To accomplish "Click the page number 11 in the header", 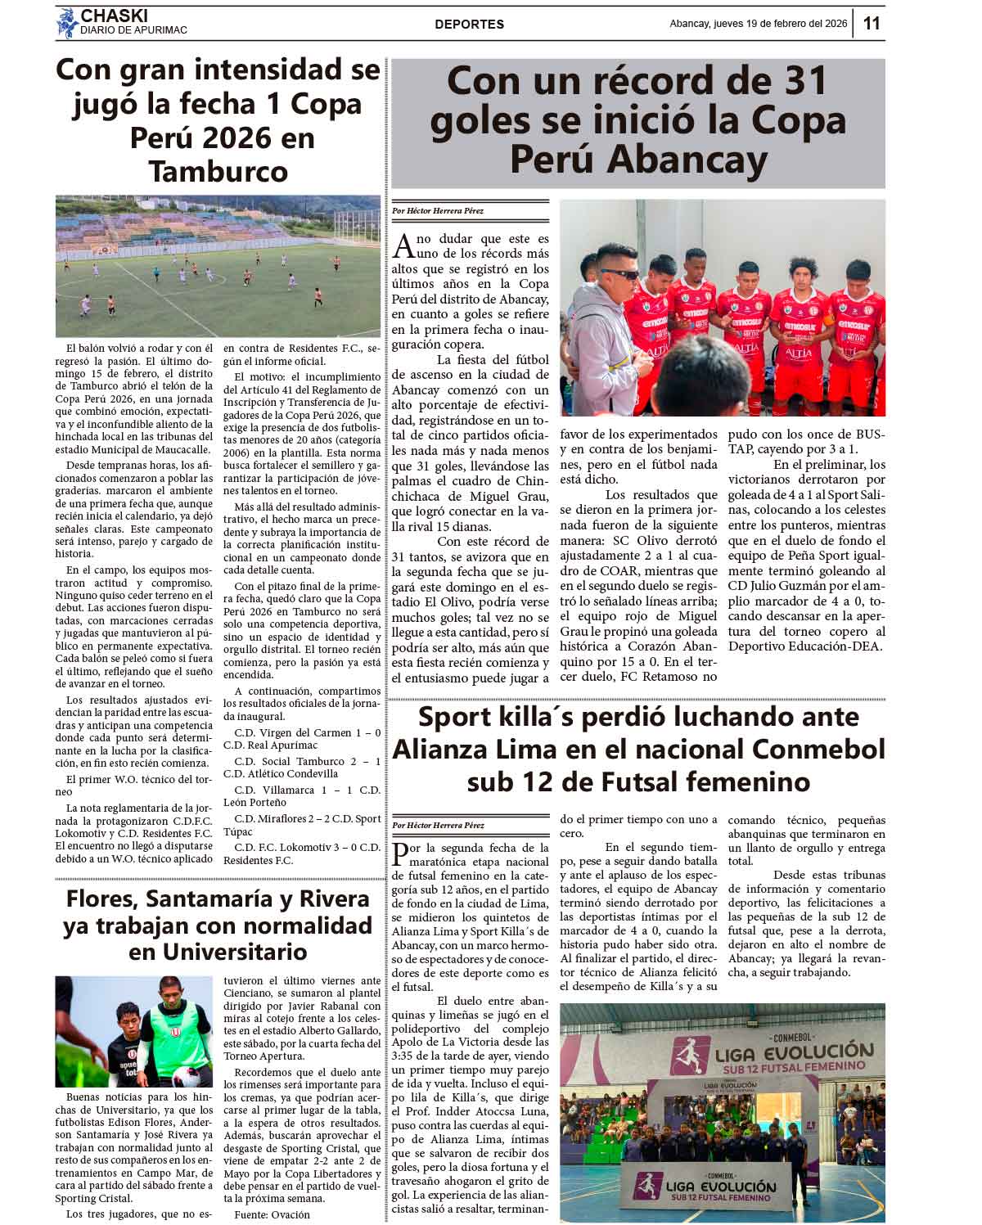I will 871,23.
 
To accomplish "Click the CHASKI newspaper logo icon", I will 66,23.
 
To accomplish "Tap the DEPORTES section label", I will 469,25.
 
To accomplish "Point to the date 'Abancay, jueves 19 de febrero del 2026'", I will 758,24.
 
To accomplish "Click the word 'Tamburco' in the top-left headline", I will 218,171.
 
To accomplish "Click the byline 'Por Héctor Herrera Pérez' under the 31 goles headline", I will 438,211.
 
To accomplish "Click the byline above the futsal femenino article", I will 438,825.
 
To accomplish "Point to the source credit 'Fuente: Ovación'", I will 272,1214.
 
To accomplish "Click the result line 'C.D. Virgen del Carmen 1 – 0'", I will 307,732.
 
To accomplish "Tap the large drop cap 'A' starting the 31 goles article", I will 403,245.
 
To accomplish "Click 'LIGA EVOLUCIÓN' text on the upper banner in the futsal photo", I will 794,1051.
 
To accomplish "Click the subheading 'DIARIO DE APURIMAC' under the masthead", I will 133,30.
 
